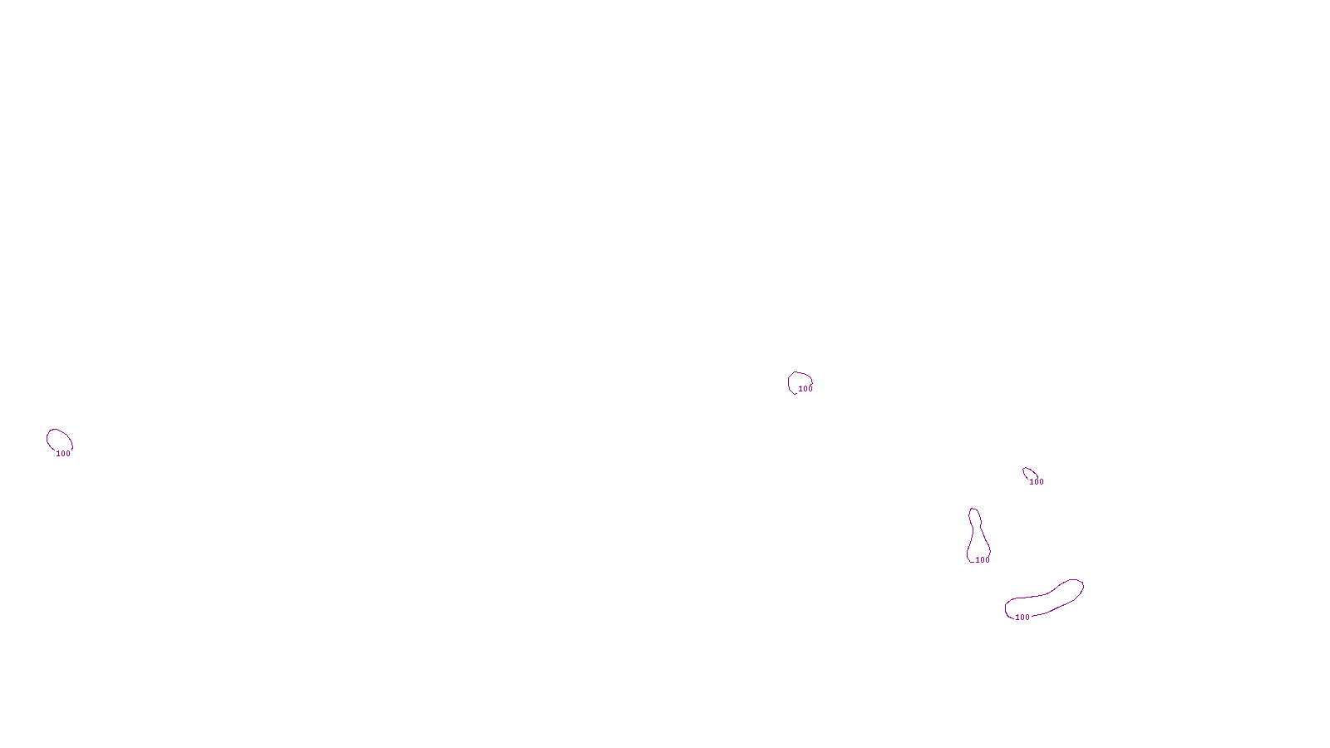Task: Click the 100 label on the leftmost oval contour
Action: [63, 454]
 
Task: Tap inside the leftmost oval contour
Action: [59, 440]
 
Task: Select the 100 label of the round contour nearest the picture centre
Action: [805, 389]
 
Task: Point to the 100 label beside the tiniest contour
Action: [1037, 482]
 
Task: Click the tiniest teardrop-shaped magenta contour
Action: [1030, 475]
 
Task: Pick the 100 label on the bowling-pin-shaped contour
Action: [983, 560]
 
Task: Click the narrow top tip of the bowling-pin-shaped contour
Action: [974, 511]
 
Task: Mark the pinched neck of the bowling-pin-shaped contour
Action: [976, 529]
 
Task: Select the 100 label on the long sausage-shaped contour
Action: [1022, 618]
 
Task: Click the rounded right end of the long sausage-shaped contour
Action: [1076, 587]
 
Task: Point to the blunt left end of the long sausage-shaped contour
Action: [1009, 608]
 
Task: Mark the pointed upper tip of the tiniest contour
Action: [1024, 469]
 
